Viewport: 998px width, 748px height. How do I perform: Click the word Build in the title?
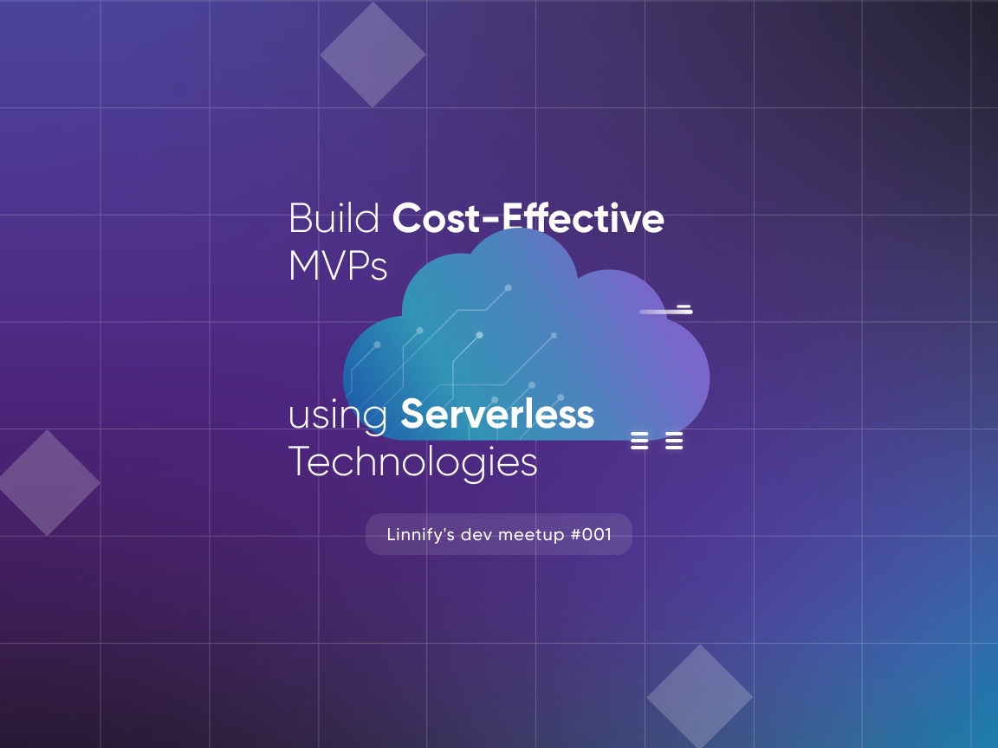(x=334, y=218)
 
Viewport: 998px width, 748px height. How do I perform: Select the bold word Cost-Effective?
(x=528, y=217)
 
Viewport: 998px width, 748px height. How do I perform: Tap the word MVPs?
(x=338, y=265)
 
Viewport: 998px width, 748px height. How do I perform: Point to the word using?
(x=338, y=416)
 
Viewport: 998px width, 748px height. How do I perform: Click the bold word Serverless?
(x=497, y=414)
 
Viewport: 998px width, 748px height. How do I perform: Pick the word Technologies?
(x=413, y=462)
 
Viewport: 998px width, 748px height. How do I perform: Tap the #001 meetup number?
(x=592, y=534)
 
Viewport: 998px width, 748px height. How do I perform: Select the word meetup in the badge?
(x=531, y=535)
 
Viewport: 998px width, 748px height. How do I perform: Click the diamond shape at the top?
(x=373, y=55)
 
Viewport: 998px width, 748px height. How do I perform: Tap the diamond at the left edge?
(x=49, y=483)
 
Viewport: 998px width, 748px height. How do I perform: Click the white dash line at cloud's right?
(x=665, y=311)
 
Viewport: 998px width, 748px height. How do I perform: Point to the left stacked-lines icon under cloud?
(x=639, y=441)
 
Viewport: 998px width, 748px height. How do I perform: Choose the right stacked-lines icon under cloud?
(x=674, y=441)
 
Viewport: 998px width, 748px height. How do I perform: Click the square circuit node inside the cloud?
(x=554, y=335)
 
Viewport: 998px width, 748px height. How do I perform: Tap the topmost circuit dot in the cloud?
(x=508, y=288)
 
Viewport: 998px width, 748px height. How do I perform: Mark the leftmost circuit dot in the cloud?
(x=377, y=345)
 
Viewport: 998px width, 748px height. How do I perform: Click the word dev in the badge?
(x=476, y=534)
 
